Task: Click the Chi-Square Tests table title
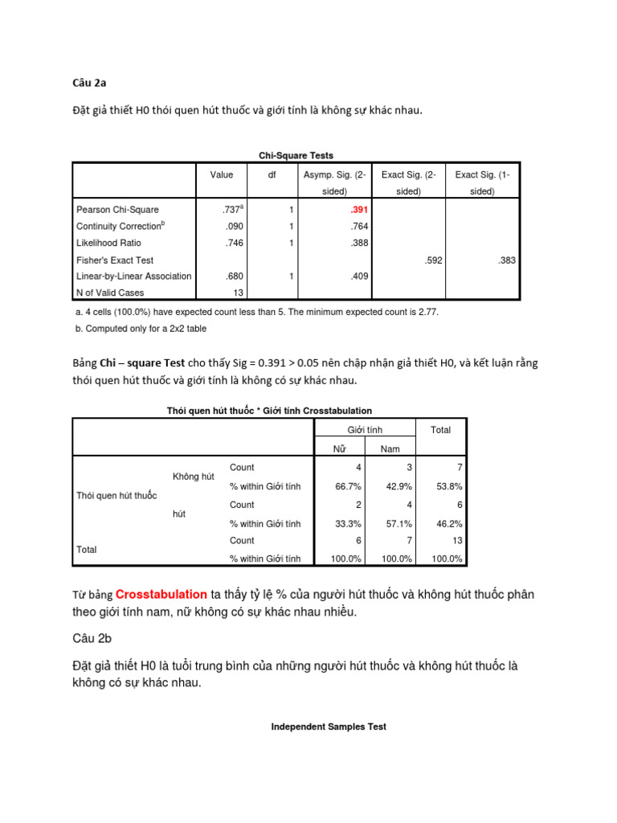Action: coord(296,155)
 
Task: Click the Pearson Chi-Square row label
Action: coord(117,209)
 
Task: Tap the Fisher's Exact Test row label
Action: coord(115,260)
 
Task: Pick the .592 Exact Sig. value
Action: coord(434,260)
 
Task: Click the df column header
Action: coord(272,174)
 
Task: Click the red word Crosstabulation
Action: coord(161,595)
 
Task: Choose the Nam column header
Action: coord(390,448)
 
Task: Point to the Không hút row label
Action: coord(194,477)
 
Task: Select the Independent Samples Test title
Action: coord(328,727)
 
